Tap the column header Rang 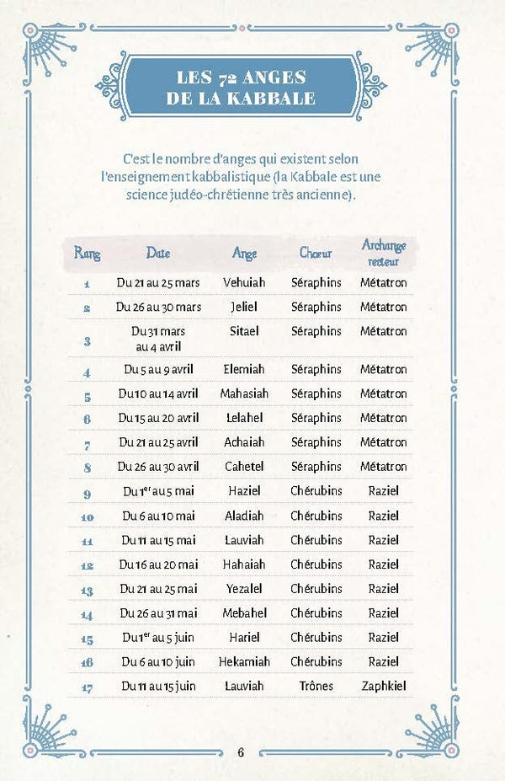pyautogui.click(x=87, y=252)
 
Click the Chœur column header pyautogui.click(x=316, y=253)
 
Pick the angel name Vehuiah pyautogui.click(x=244, y=283)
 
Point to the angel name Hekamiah pyautogui.click(x=244, y=662)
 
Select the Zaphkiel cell pyautogui.click(x=383, y=687)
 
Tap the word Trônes pyautogui.click(x=316, y=687)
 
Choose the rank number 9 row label pyautogui.click(x=87, y=492)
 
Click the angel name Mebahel pyautogui.click(x=244, y=613)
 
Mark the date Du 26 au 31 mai pyautogui.click(x=159, y=613)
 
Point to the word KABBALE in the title pyautogui.click(x=271, y=99)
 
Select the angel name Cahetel pyautogui.click(x=244, y=467)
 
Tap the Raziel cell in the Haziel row pyautogui.click(x=383, y=491)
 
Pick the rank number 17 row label pyautogui.click(x=87, y=687)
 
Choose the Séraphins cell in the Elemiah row pyautogui.click(x=316, y=369)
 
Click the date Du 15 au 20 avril pyautogui.click(x=159, y=418)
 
